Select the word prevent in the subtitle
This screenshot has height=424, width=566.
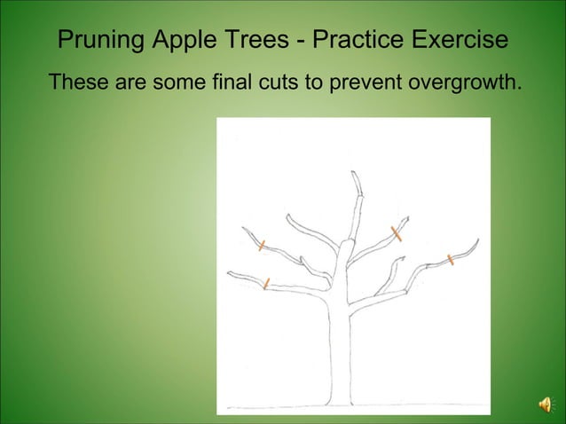pos(364,83)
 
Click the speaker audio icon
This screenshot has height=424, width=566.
pos(545,404)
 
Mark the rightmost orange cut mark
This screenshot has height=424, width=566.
pos(451,260)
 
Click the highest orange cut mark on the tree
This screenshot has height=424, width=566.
pos(397,233)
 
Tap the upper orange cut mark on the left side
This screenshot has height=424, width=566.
pos(262,245)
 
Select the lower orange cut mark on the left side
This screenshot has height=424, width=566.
pos(266,283)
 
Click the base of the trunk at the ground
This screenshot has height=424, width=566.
pos(340,404)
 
